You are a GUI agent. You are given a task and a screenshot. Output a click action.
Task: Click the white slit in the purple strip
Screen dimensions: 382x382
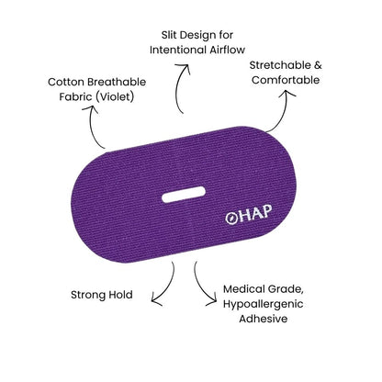pos(184,195)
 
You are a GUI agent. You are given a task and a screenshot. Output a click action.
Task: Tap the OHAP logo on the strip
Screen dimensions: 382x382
pos(249,214)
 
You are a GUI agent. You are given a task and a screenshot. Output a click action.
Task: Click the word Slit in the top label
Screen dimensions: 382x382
pos(169,35)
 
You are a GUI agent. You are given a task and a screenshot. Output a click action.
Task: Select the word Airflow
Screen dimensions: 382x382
pos(228,50)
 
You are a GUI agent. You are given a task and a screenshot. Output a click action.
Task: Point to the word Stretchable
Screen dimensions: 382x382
pos(275,65)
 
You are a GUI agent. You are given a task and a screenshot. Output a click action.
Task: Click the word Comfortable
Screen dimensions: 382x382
pos(286,80)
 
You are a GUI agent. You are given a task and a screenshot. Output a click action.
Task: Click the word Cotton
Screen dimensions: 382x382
pos(66,82)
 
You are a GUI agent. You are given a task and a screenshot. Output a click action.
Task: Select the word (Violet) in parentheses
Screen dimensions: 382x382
pos(114,96)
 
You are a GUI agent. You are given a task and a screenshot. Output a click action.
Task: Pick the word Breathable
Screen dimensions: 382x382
pos(117,82)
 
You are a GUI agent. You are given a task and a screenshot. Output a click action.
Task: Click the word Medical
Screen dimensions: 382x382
pos(243,289)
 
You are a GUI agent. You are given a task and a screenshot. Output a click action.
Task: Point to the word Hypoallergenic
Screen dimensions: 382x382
pos(264,304)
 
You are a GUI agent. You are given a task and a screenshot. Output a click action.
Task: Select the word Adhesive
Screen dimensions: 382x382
pos(264,319)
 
